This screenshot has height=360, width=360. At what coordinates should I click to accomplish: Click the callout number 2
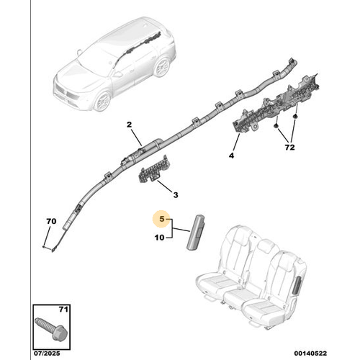pyautogui.click(x=129, y=125)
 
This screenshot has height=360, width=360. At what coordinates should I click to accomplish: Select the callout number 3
pyautogui.click(x=176, y=195)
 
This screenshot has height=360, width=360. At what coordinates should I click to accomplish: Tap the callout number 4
pyautogui.click(x=231, y=156)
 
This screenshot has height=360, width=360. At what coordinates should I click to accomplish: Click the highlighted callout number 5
pyautogui.click(x=162, y=219)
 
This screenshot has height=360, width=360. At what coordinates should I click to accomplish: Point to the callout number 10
pyautogui.click(x=159, y=238)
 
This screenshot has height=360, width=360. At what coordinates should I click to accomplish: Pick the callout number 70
pyautogui.click(x=51, y=221)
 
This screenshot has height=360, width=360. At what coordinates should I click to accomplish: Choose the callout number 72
pyautogui.click(x=289, y=147)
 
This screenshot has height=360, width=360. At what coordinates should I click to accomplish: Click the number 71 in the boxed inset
pyautogui.click(x=63, y=310)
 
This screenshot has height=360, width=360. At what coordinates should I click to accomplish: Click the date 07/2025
pyautogui.click(x=47, y=354)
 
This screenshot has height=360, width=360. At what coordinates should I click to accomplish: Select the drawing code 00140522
pyautogui.click(x=310, y=354)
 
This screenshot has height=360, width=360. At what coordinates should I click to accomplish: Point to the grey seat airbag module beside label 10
pyautogui.click(x=196, y=232)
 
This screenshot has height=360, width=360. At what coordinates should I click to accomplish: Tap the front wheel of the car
pyautogui.click(x=102, y=101)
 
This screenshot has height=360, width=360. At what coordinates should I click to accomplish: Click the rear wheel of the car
pyautogui.click(x=162, y=66)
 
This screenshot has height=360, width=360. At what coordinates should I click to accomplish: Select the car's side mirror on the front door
pyautogui.click(x=117, y=74)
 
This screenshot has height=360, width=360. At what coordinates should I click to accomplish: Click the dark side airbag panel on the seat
pyautogui.click(x=296, y=285)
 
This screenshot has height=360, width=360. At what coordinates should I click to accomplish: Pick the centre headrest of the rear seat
pyautogui.click(x=267, y=247)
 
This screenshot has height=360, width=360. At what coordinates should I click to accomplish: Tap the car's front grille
pyautogui.click(x=66, y=93)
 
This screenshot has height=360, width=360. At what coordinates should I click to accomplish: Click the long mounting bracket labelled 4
pyautogui.click(x=276, y=103)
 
